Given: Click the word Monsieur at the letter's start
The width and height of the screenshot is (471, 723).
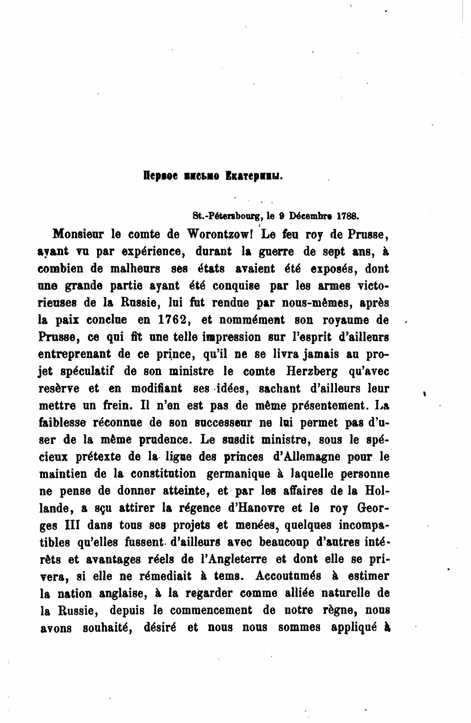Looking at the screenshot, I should click(x=78, y=234).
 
